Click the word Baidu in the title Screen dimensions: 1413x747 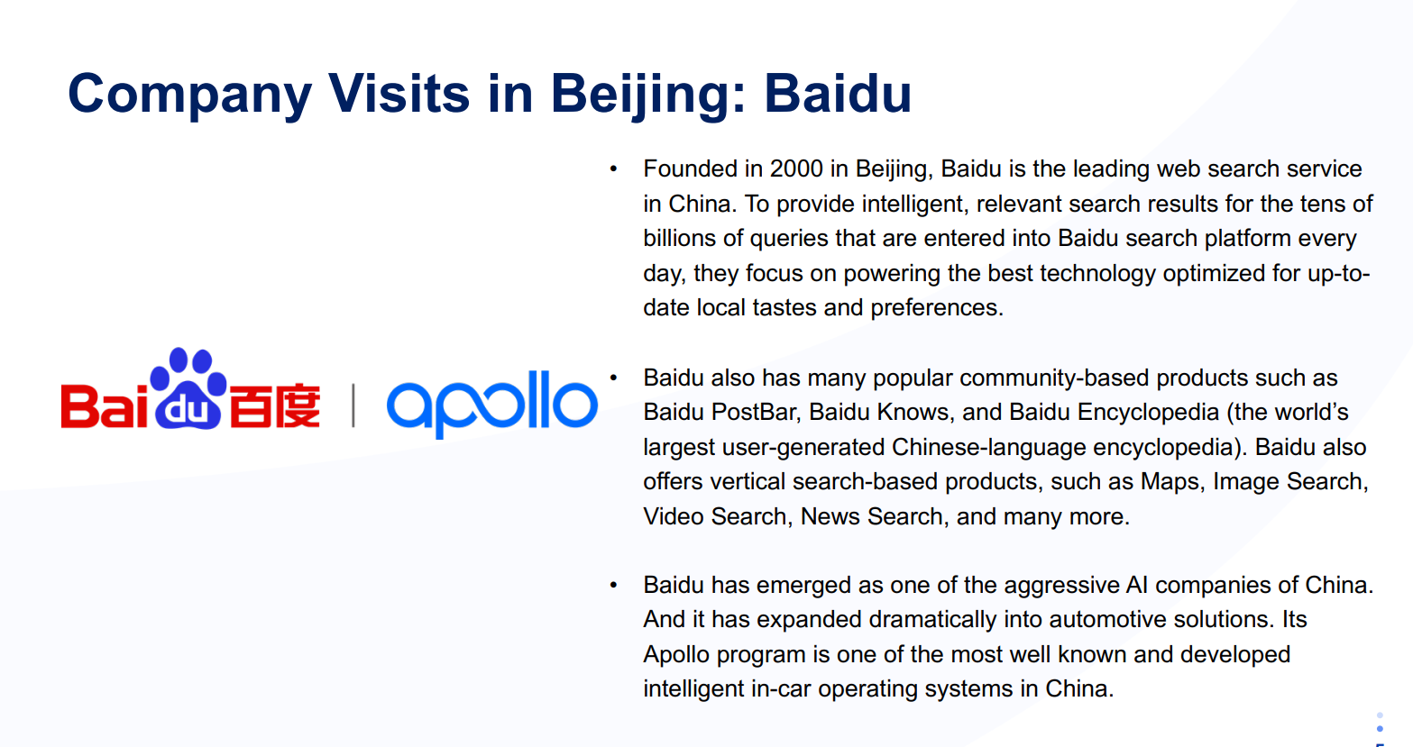838,94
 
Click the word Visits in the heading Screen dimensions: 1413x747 399,94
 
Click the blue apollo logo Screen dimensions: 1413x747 492,404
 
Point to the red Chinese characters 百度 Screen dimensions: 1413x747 275,405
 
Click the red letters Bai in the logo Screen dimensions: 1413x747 105,406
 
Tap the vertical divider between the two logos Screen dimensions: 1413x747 353,405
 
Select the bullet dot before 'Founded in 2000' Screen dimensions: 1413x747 613,169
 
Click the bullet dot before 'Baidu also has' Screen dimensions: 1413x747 613,378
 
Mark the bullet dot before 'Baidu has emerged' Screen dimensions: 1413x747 613,585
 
